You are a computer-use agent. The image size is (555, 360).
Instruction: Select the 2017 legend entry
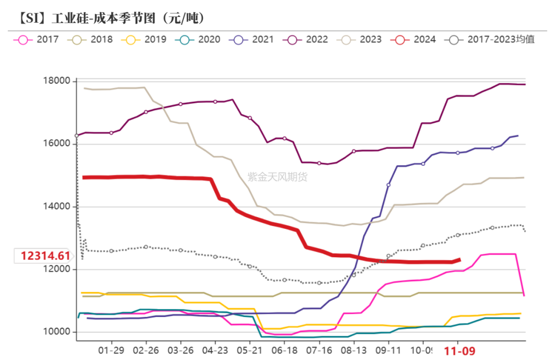point(39,40)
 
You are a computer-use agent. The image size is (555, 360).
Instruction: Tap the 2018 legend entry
point(92,40)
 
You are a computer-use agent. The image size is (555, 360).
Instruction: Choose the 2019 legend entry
point(146,40)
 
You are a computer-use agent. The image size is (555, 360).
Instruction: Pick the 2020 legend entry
point(200,40)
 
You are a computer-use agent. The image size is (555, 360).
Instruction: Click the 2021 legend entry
point(254,40)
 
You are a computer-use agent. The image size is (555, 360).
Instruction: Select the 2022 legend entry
point(308,40)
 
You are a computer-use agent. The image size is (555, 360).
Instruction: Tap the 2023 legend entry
point(362,40)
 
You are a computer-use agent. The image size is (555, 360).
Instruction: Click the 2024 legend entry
point(416,40)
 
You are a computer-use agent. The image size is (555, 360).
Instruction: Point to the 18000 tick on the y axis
point(57,81)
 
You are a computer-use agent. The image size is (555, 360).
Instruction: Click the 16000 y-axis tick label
point(57,144)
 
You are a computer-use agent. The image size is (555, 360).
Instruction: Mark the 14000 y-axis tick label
point(57,207)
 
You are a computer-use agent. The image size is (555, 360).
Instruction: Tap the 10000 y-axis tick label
point(57,332)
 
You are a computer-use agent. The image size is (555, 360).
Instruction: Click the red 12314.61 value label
point(45,256)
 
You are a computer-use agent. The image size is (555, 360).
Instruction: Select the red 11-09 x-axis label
point(459,351)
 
